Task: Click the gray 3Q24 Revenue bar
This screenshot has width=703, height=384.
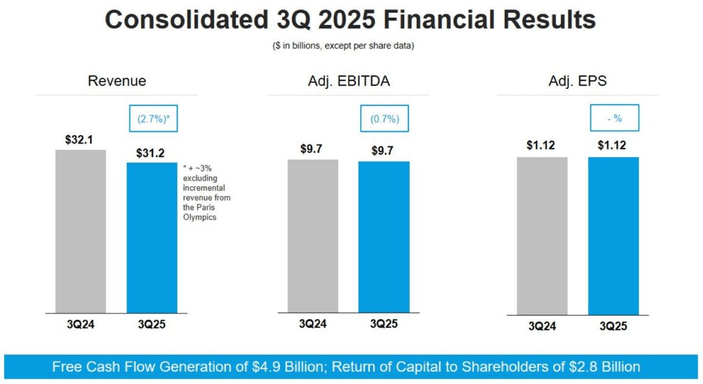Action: (80, 231)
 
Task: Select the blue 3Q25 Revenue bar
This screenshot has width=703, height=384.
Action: (152, 237)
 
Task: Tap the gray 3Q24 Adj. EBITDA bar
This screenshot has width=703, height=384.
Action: (313, 236)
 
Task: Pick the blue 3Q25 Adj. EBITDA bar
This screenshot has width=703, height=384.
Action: (384, 237)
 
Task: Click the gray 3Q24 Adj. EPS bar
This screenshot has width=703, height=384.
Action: (542, 236)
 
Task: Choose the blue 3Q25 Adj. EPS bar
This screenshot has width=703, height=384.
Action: (613, 236)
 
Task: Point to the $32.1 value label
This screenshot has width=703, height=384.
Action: (80, 140)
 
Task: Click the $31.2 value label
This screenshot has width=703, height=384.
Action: (150, 153)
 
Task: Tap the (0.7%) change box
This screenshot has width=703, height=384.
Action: (385, 119)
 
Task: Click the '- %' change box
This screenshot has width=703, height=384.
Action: (614, 119)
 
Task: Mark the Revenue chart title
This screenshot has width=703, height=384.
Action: (117, 81)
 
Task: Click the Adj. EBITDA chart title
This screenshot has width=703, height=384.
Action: (349, 81)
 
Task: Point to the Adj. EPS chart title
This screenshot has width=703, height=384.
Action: (577, 81)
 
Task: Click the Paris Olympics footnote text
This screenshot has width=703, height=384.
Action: (207, 192)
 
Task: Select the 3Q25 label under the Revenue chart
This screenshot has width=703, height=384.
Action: (152, 324)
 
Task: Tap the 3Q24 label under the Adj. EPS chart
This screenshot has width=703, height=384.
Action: (542, 326)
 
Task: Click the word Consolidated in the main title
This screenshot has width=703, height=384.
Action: (183, 20)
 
